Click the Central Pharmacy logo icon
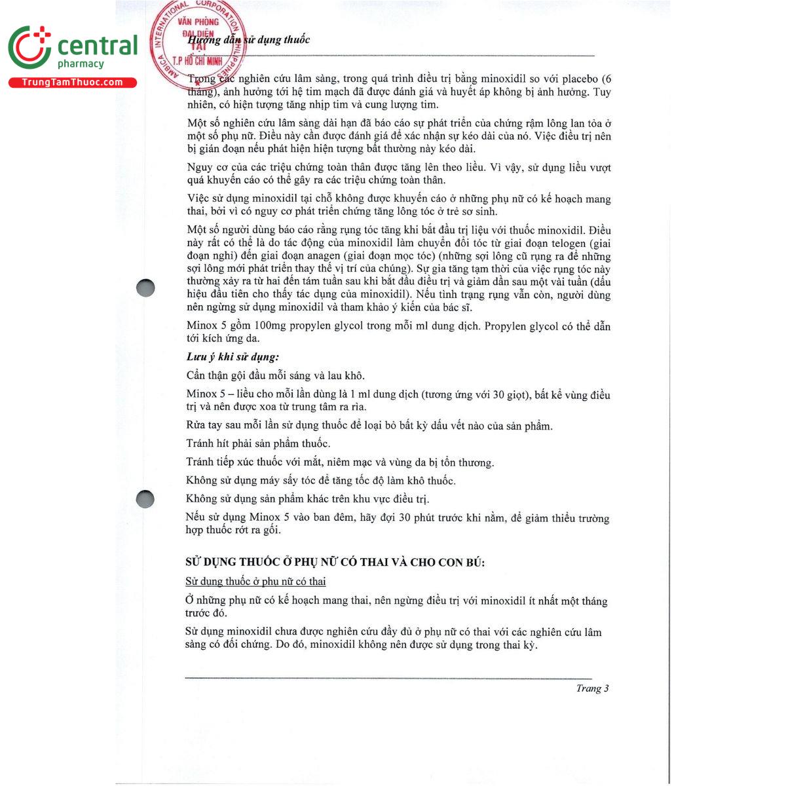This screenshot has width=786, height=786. [29, 48]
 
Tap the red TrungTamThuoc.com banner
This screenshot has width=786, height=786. [72, 83]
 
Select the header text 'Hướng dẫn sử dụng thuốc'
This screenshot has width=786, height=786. [249, 40]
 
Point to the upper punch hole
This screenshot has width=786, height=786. [145, 288]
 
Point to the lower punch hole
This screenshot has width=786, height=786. [145, 499]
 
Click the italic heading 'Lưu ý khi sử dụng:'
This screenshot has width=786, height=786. [233, 357]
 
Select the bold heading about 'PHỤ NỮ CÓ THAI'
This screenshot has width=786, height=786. [335, 563]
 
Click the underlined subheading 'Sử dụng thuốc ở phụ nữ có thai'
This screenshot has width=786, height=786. [255, 582]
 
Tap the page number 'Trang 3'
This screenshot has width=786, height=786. [592, 688]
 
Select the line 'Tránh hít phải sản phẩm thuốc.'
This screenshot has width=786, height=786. [258, 444]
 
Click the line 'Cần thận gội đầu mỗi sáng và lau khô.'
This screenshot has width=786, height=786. [275, 376]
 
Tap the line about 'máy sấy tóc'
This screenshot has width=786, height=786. [320, 481]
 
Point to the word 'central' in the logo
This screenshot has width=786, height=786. [98, 46]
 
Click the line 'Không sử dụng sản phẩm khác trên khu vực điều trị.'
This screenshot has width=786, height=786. [307, 499]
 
